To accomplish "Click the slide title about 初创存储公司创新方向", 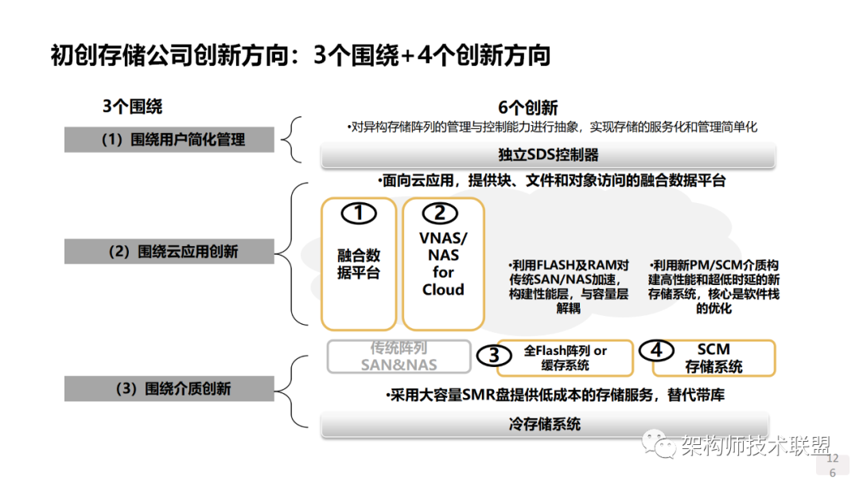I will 301,55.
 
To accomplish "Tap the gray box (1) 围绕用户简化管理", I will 169,139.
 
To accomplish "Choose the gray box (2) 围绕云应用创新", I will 169,252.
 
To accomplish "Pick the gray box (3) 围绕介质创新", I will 169,389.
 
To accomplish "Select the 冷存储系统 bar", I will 544,423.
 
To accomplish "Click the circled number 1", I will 359,213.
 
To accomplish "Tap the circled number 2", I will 440,213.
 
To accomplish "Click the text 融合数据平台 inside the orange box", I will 359,264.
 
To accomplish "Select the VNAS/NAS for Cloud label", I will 443,263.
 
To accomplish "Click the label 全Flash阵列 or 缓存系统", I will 566,357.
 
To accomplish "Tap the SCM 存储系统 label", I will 713,358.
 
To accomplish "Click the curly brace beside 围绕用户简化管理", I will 292,139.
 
